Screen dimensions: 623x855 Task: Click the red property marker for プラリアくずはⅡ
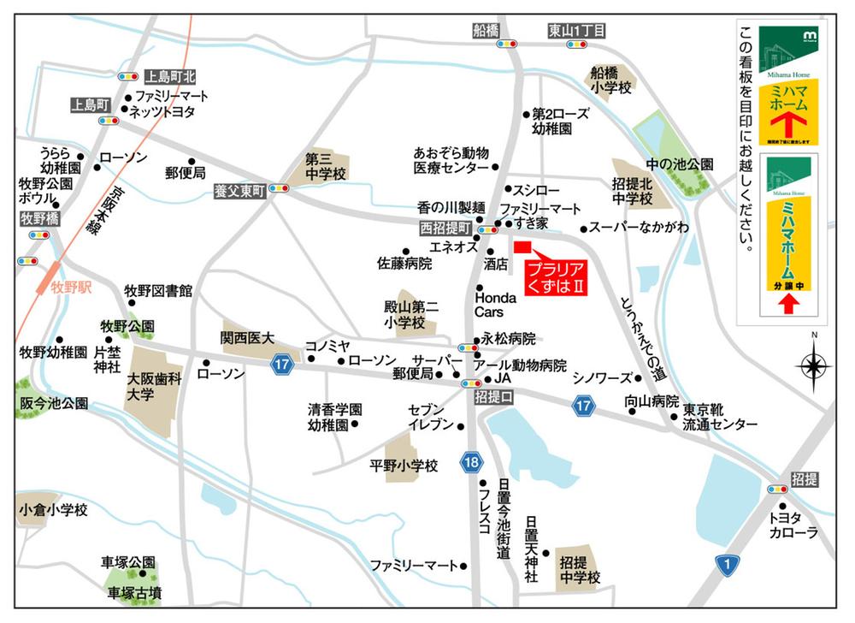523,248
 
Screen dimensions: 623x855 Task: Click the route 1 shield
728,563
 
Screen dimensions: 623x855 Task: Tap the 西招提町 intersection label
445,229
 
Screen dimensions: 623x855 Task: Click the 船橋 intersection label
485,31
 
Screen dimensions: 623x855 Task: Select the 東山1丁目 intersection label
576,31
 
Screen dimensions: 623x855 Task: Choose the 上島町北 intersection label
171,76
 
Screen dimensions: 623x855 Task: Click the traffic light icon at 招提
777,489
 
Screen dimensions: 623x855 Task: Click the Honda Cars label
495,305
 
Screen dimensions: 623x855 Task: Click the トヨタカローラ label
793,525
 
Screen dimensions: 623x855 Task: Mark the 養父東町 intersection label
240,193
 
